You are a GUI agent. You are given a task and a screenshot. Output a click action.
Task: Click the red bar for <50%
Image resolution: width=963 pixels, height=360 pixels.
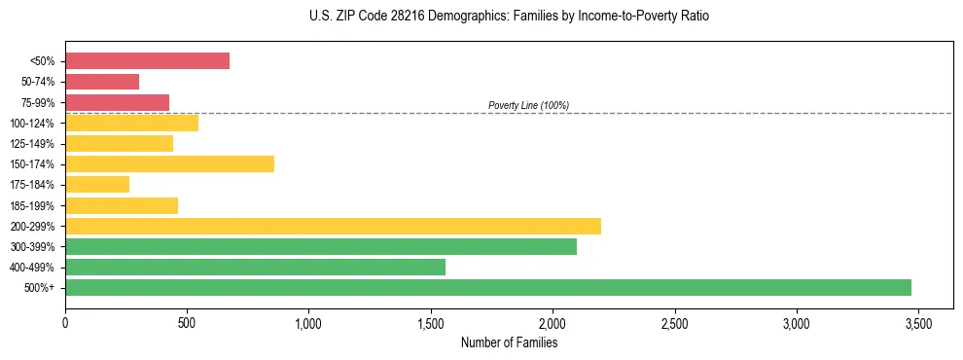tap(147, 61)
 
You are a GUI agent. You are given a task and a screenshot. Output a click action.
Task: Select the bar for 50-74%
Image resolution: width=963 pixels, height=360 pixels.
tap(102, 82)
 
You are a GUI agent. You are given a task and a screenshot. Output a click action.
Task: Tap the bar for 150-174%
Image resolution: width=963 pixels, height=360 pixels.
tap(169, 164)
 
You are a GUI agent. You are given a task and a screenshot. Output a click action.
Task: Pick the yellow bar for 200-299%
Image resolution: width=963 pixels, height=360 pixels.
tap(333, 226)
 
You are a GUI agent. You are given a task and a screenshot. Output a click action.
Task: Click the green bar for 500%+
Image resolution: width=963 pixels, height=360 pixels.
tap(488, 287)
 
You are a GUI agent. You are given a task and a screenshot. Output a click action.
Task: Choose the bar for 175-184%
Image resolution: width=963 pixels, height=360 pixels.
tap(97, 185)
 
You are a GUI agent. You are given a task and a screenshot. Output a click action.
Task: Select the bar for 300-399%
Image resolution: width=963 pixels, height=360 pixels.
tap(321, 246)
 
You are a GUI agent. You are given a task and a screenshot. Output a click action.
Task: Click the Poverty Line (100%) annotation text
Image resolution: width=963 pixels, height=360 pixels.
tap(528, 105)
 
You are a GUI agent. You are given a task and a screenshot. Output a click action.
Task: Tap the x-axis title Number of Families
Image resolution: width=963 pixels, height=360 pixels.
tap(509, 342)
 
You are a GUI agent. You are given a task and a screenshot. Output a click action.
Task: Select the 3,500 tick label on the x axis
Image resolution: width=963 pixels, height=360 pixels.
tap(917, 323)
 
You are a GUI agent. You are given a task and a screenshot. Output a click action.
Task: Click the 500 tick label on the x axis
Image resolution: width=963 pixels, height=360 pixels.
tap(187, 323)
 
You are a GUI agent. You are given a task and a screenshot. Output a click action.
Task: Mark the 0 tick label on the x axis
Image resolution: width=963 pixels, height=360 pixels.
tap(65, 323)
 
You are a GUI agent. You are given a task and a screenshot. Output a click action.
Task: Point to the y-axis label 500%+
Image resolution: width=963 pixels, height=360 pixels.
tap(41, 288)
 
